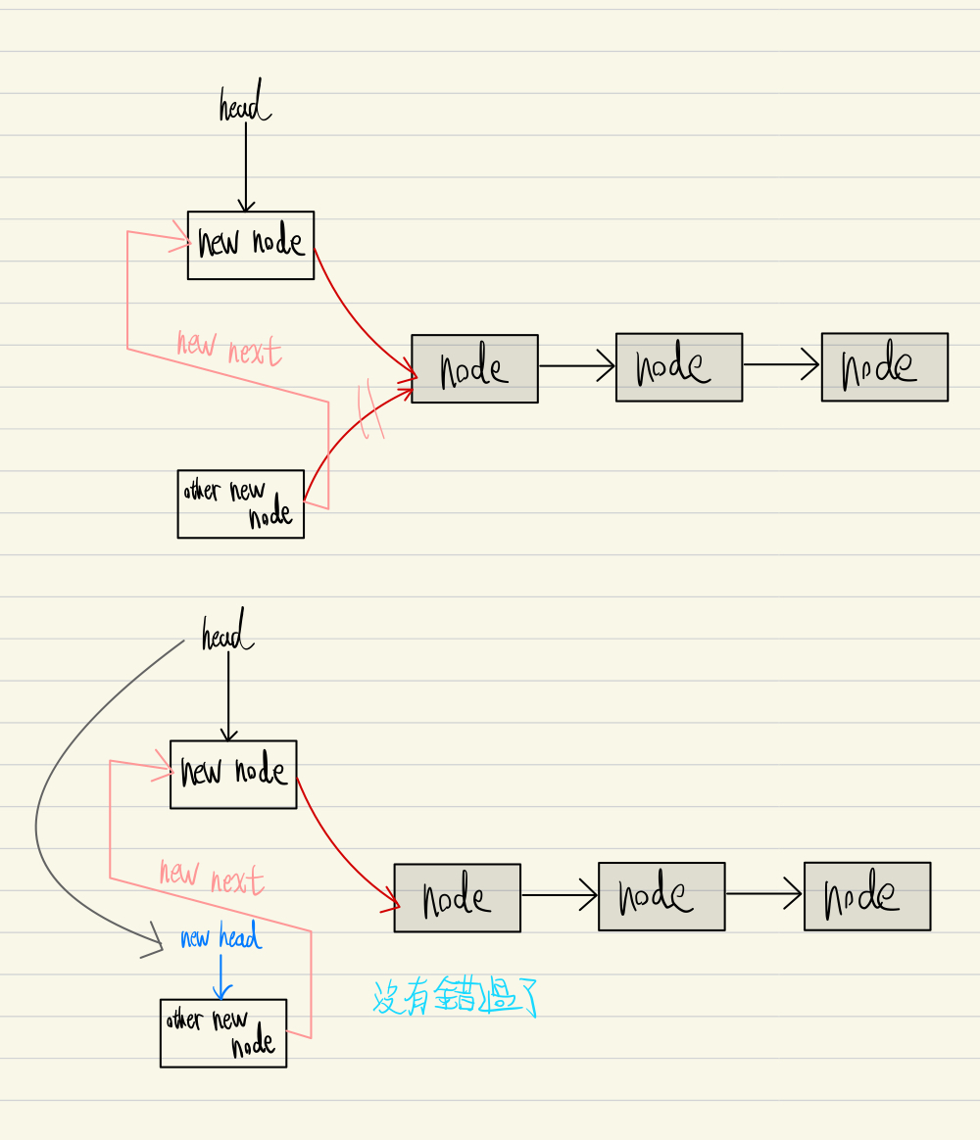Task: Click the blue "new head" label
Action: (x=220, y=938)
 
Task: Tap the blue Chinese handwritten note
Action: (x=455, y=998)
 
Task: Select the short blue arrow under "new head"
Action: (x=221, y=975)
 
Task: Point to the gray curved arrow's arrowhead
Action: (x=154, y=945)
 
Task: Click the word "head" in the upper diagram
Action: (x=244, y=107)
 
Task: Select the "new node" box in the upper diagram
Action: (x=251, y=245)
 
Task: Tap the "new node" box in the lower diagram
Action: (x=233, y=774)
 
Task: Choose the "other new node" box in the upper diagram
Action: (x=241, y=503)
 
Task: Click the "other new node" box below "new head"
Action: (x=223, y=1032)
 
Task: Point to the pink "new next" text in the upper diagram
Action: (x=228, y=349)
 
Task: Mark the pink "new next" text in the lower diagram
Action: (x=211, y=878)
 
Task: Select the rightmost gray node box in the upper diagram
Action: (x=884, y=366)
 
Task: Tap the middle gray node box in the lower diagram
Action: (x=661, y=896)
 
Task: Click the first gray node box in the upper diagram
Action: (x=474, y=368)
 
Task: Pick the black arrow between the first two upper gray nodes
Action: (x=576, y=366)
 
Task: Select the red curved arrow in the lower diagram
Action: (x=338, y=850)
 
